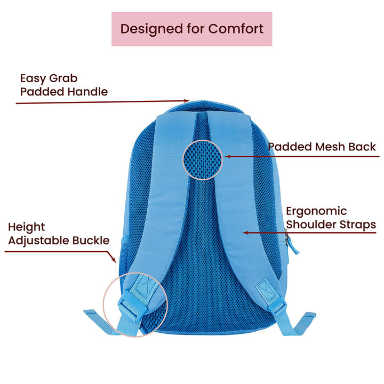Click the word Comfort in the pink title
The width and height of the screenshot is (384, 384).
tap(236, 29)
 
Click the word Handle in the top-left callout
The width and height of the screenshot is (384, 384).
tap(87, 92)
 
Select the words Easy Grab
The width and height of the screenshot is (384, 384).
tap(49, 78)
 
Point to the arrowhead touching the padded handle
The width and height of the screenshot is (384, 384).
tap(187, 100)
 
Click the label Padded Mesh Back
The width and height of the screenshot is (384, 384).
tap(322, 147)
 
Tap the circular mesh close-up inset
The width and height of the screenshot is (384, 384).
tap(203, 159)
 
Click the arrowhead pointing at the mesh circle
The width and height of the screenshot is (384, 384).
tap(228, 156)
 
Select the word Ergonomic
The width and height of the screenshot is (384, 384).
tap(316, 212)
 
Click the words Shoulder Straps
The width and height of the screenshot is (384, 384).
tap(331, 225)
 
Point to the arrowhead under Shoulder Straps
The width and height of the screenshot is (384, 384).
tap(246, 233)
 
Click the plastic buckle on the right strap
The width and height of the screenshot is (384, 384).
tap(278, 308)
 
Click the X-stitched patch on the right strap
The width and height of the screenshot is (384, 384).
tap(266, 290)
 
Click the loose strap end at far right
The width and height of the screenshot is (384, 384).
tap(302, 323)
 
